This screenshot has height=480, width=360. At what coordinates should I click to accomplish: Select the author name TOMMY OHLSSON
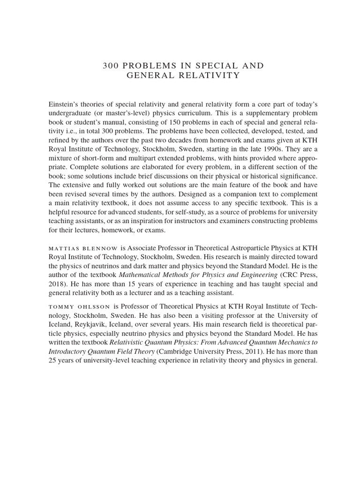[x=79, y=307]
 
